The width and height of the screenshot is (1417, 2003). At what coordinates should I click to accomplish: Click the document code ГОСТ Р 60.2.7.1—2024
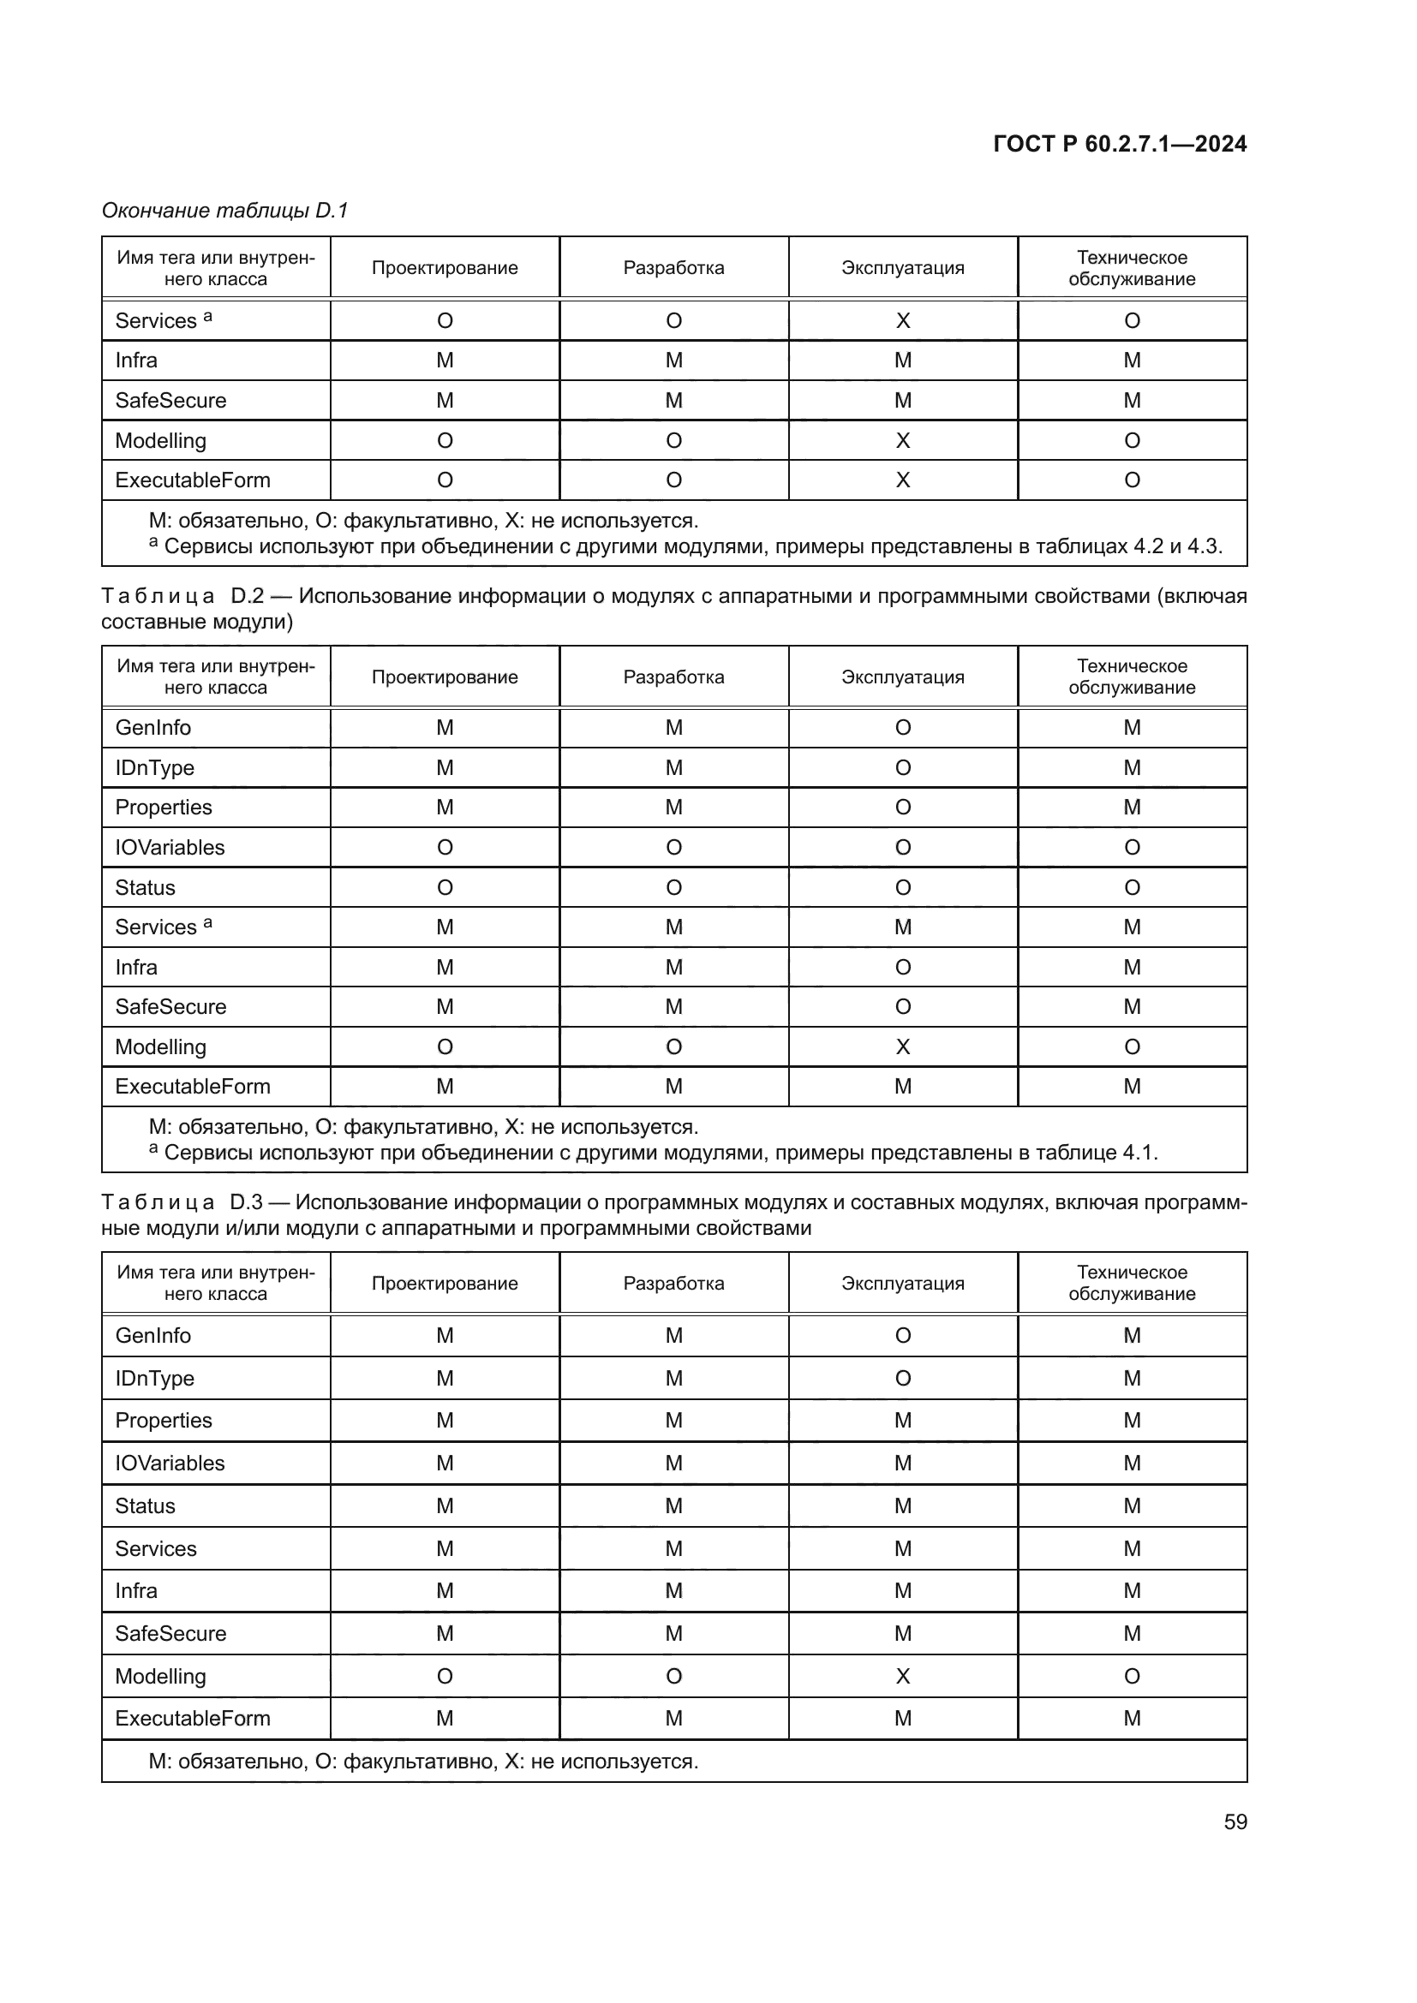point(1120,144)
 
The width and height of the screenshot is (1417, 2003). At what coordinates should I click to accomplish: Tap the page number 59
point(1235,1821)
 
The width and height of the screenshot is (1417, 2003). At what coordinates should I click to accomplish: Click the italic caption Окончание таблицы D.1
point(224,211)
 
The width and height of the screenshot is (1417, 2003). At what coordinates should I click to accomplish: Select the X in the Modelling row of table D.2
point(902,1046)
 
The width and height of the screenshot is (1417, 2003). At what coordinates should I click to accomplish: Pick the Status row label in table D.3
point(145,1505)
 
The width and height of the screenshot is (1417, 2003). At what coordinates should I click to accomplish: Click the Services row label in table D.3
point(155,1548)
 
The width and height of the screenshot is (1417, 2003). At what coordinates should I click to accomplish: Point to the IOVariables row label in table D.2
point(170,847)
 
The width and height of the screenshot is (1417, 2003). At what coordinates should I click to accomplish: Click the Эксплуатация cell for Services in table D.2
point(902,927)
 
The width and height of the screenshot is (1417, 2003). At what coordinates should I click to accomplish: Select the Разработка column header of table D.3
point(673,1284)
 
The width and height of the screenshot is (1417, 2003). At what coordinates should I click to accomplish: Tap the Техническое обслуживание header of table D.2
point(1132,677)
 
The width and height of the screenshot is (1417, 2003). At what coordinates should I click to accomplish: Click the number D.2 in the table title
point(247,597)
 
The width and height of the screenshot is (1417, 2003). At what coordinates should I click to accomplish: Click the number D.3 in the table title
point(246,1202)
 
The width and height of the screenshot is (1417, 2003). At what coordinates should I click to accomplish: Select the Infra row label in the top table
point(136,361)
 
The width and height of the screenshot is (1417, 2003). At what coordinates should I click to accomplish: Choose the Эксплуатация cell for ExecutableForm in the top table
point(902,480)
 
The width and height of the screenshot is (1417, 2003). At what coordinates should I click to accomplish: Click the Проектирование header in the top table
point(444,268)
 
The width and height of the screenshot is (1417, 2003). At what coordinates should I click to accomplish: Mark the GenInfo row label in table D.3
point(152,1336)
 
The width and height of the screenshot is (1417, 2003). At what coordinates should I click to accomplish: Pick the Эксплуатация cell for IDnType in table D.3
point(902,1379)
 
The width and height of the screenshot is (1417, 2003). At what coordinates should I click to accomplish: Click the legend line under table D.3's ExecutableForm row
point(423,1762)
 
